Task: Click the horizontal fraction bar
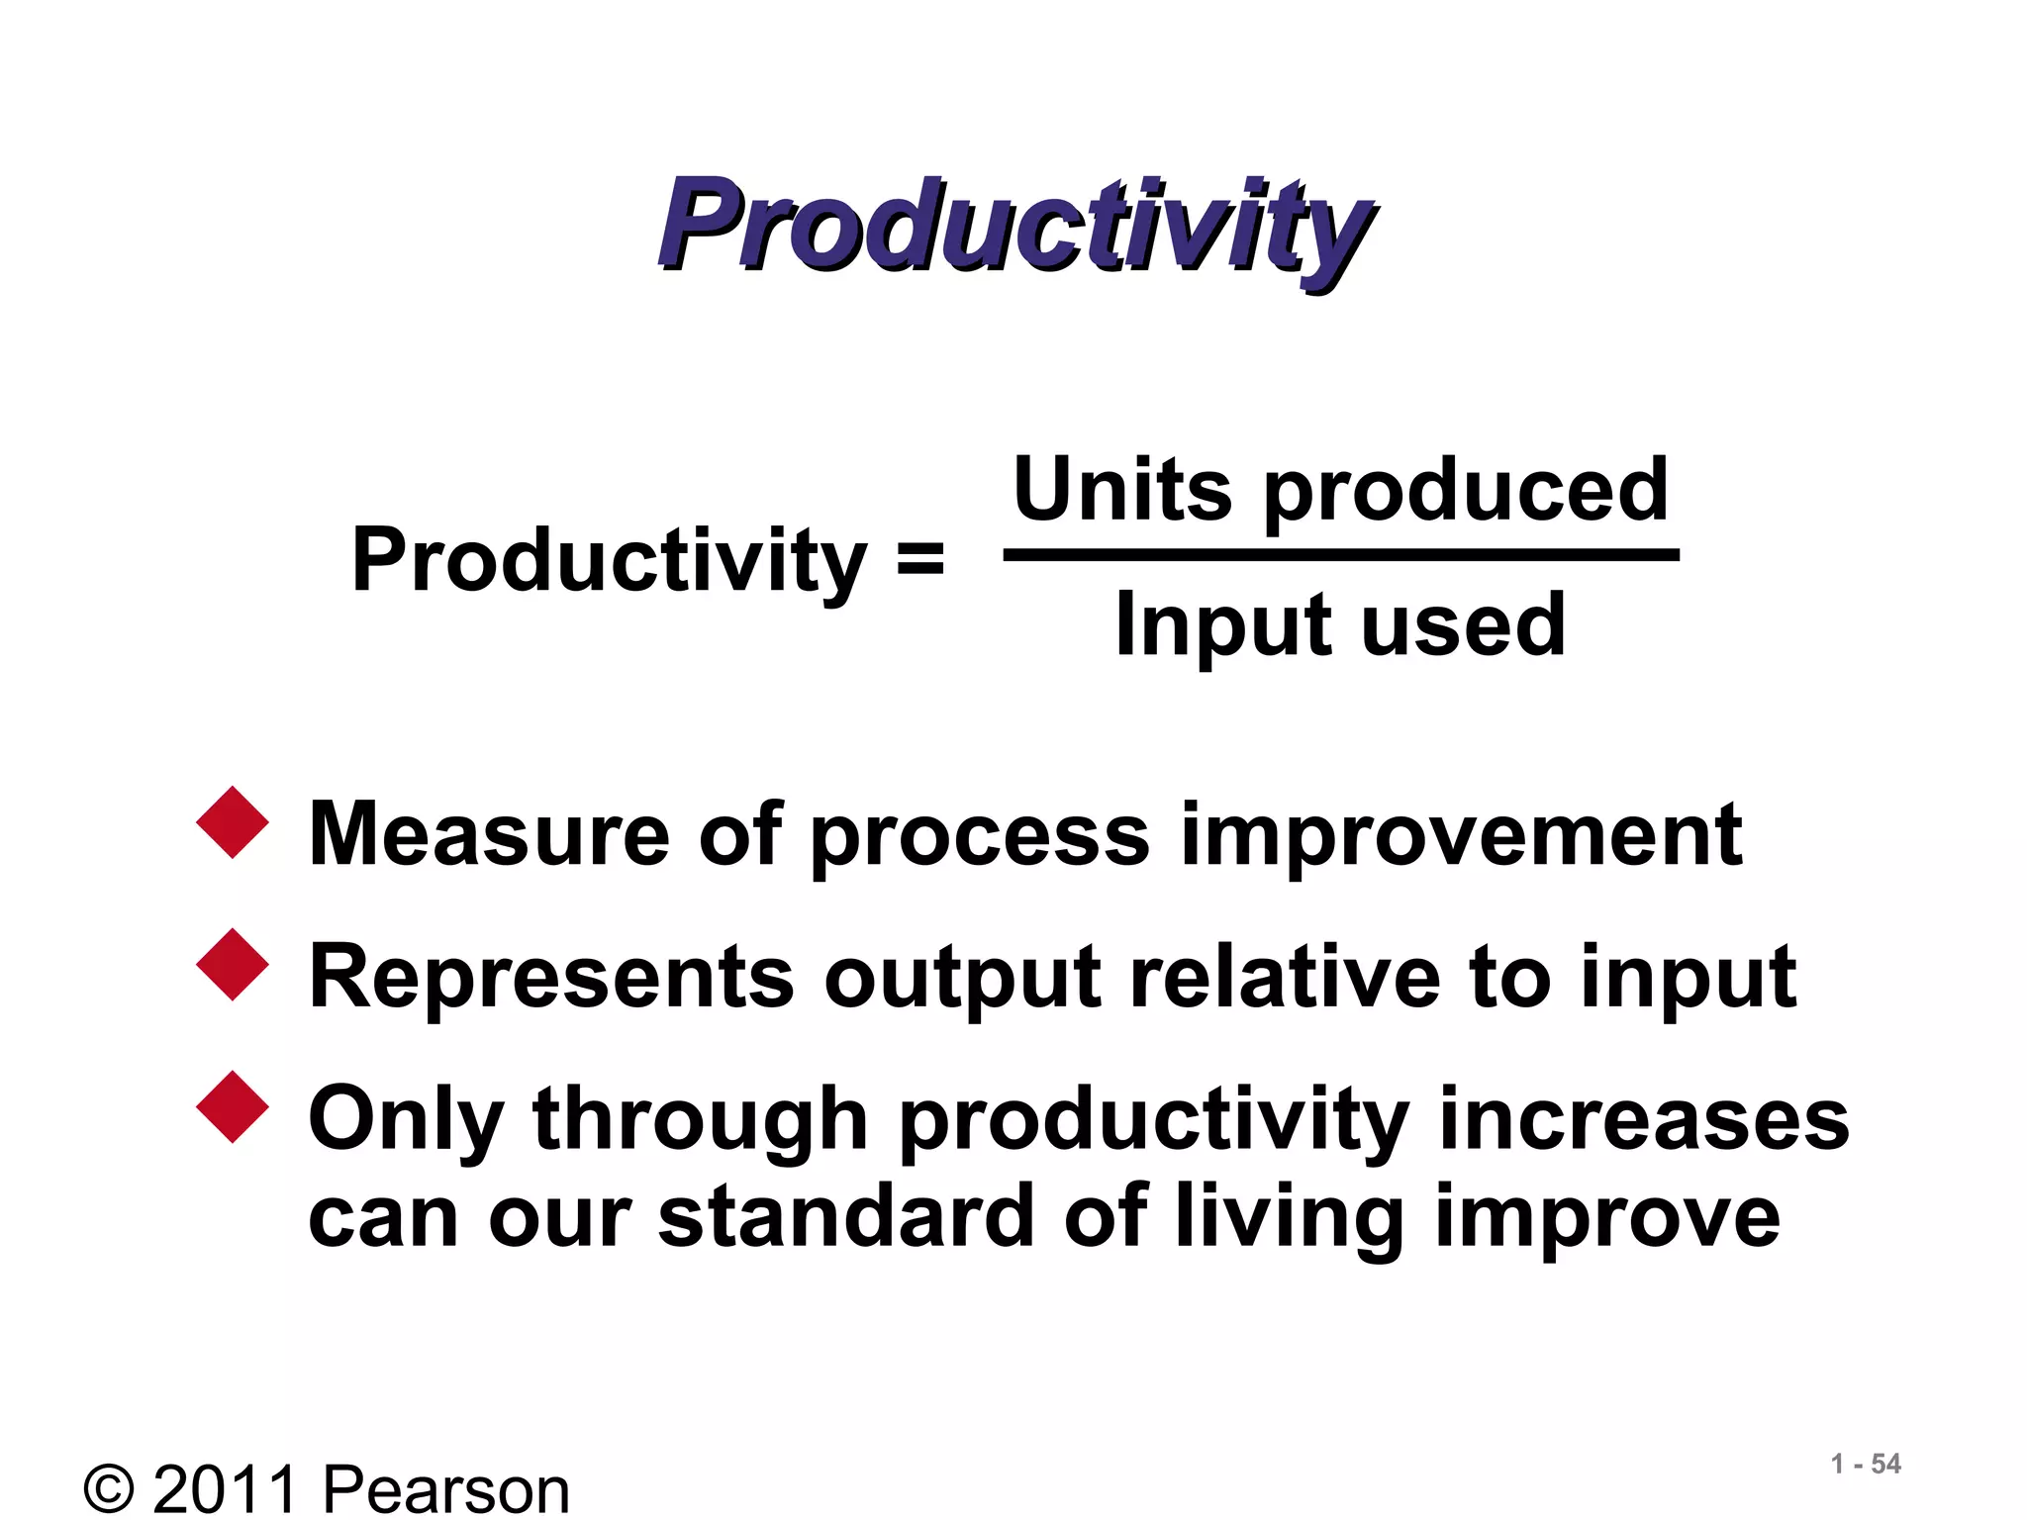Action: (x=1341, y=556)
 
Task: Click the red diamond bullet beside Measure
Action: (x=233, y=822)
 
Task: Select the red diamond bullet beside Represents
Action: (x=233, y=965)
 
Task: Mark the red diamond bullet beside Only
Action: (x=233, y=1107)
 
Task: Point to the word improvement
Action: (x=1461, y=836)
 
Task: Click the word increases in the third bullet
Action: (x=1643, y=1119)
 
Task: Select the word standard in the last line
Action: (x=846, y=1216)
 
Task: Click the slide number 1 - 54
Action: (x=1866, y=1464)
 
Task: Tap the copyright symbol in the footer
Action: (x=109, y=1489)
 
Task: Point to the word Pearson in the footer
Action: (x=446, y=1489)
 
